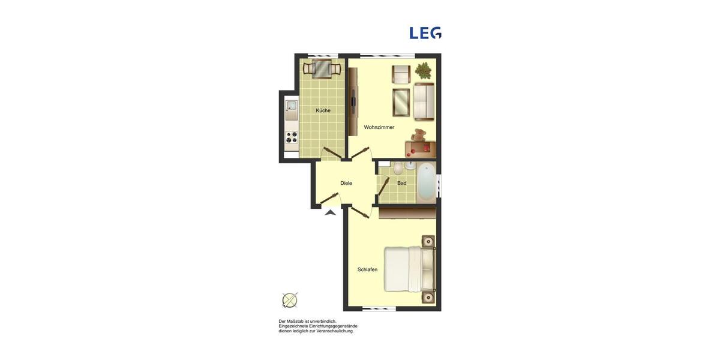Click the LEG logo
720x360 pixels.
pos(425,33)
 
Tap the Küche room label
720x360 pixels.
pos(323,110)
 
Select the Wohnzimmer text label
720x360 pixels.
pos(379,127)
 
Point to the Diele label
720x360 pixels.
pos(346,183)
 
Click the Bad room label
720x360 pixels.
pos(401,183)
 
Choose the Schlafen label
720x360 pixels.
pos(367,269)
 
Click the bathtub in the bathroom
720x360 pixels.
pos(425,182)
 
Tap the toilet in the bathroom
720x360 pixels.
pos(398,169)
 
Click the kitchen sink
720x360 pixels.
pos(291,108)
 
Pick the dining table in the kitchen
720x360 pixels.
pos(322,69)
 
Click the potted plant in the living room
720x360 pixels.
pos(424,71)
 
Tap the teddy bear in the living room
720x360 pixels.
pos(419,135)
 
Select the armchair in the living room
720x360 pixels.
pos(401,74)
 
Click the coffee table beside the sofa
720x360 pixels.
pos(401,102)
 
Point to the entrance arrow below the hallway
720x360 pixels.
pos(330,212)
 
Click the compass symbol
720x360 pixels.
pos(290,300)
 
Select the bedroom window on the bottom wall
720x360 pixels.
pos(379,309)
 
